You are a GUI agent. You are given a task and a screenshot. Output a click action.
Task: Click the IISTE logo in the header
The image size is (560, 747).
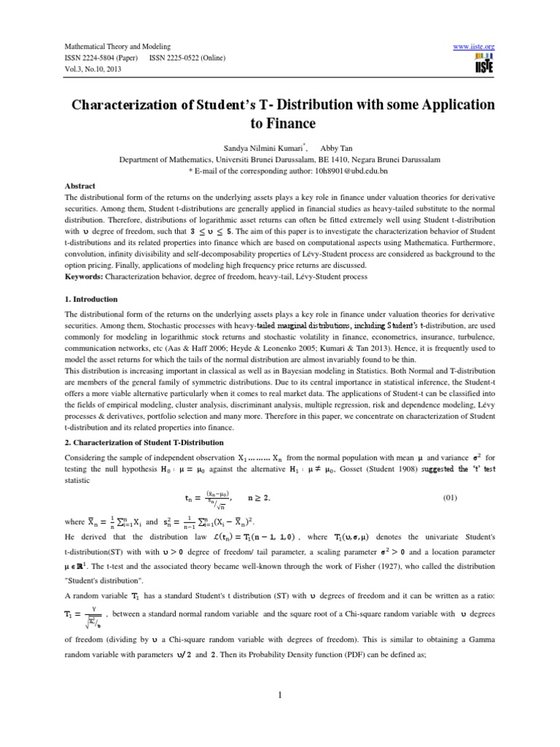pos(484,63)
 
